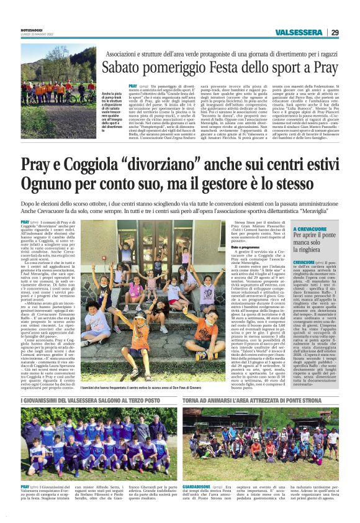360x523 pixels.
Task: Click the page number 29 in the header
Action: pyautogui.click(x=335, y=32)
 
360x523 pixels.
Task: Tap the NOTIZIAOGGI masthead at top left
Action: pyautogui.click(x=34, y=25)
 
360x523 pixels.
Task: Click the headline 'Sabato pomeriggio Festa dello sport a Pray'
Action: pyautogui.click(x=223, y=65)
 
